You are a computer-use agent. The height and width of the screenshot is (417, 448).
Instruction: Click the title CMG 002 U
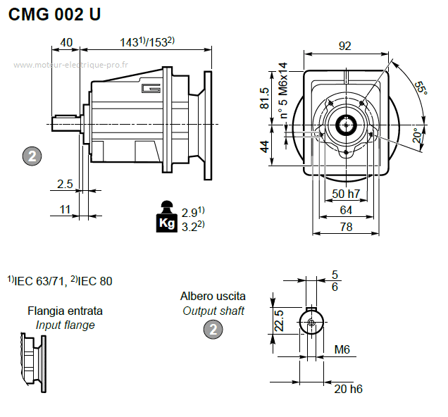pyautogui.click(x=55, y=15)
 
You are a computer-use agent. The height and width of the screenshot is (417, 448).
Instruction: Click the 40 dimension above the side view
pyautogui.click(x=67, y=42)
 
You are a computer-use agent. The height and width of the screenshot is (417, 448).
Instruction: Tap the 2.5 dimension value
pyautogui.click(x=65, y=185)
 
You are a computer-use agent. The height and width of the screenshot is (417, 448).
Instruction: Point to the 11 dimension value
pyautogui.click(x=65, y=209)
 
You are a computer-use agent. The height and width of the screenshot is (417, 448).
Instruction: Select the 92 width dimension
pyautogui.click(x=344, y=46)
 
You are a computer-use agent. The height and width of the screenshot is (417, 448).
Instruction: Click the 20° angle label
pyautogui.click(x=418, y=135)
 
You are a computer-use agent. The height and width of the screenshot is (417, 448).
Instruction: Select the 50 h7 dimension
pyautogui.click(x=346, y=194)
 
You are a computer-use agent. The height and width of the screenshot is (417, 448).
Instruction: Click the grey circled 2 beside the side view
pyautogui.click(x=32, y=157)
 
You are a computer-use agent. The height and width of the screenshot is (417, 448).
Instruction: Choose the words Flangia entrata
pyautogui.click(x=65, y=311)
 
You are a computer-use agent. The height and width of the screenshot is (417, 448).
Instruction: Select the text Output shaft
pyautogui.click(x=213, y=311)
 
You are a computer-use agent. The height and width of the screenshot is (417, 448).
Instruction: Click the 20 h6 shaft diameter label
pyautogui.click(x=348, y=389)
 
